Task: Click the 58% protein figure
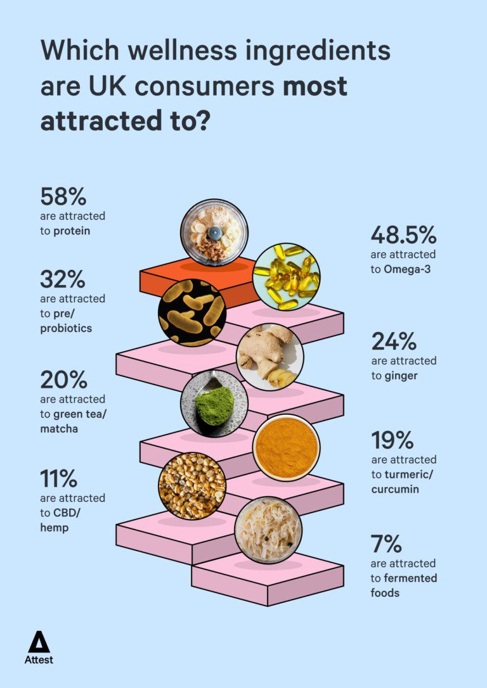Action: [x=63, y=196]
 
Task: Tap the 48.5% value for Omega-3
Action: [x=403, y=235]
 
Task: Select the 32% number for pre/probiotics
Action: [x=63, y=279]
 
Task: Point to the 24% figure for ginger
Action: [x=393, y=341]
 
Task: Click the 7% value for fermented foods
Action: [x=386, y=544]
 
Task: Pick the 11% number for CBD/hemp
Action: [x=59, y=478]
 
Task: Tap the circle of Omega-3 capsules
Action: [x=286, y=277]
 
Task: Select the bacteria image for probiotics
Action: [x=192, y=312]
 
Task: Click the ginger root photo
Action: [x=269, y=357]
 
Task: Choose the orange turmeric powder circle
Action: [x=285, y=448]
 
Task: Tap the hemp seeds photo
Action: [x=192, y=486]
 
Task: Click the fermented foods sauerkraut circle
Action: [x=268, y=530]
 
